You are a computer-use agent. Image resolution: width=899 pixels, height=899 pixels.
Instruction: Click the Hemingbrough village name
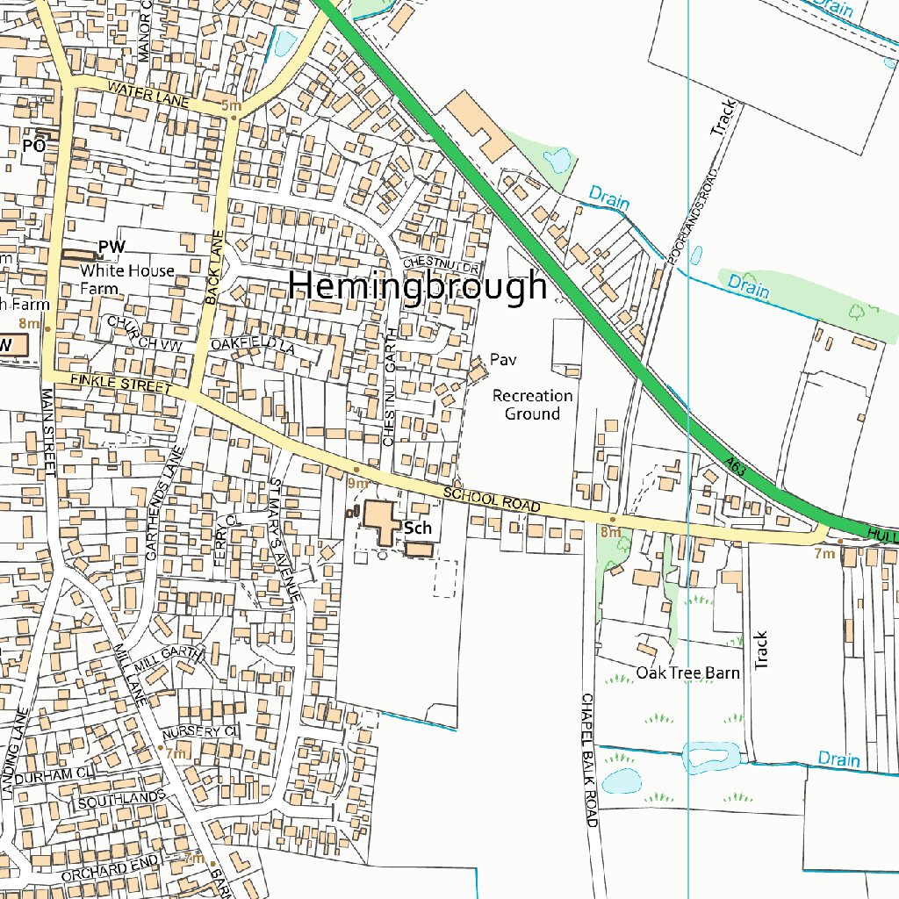[418, 286]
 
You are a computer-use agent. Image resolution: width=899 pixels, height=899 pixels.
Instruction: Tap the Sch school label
[419, 528]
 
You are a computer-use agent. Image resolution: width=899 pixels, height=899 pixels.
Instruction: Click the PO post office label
[33, 146]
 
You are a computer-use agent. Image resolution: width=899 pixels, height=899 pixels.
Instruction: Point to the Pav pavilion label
[501, 359]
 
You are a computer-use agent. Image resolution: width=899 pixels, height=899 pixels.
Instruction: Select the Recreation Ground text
[532, 405]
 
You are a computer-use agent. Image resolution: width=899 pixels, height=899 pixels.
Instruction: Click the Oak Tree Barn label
[687, 673]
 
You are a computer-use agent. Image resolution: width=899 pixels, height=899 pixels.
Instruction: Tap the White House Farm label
[127, 279]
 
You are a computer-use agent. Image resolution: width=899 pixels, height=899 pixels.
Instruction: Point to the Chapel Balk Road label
[588, 759]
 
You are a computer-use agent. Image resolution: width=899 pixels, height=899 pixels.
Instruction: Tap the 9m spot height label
[357, 483]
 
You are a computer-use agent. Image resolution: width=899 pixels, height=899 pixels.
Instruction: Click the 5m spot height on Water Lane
[231, 107]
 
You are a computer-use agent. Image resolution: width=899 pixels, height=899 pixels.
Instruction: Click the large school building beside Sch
[381, 521]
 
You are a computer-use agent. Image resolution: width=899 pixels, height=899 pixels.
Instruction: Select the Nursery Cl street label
[200, 731]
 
